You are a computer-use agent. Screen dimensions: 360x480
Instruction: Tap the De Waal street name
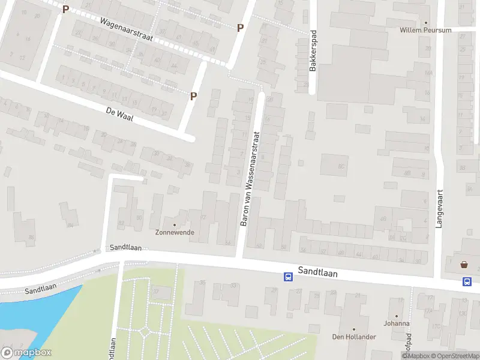[x=119, y=114]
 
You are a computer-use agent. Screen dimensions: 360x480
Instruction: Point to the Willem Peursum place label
[x=425, y=30]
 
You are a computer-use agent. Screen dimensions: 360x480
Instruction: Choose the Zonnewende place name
[x=175, y=232]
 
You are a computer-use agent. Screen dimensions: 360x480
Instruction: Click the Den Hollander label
[x=354, y=337]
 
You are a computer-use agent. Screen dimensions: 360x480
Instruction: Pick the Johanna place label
[x=396, y=323]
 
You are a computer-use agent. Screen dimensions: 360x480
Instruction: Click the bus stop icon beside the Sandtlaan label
[x=288, y=277]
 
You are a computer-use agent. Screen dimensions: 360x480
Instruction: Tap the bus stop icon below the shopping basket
[x=466, y=281]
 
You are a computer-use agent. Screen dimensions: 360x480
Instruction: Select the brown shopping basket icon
[x=464, y=264]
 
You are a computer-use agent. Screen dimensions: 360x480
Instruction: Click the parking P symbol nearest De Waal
[x=193, y=96]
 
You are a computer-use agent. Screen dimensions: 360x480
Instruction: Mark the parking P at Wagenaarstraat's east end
[x=240, y=28]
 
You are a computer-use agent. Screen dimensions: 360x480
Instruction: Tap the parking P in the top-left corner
[x=65, y=10]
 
